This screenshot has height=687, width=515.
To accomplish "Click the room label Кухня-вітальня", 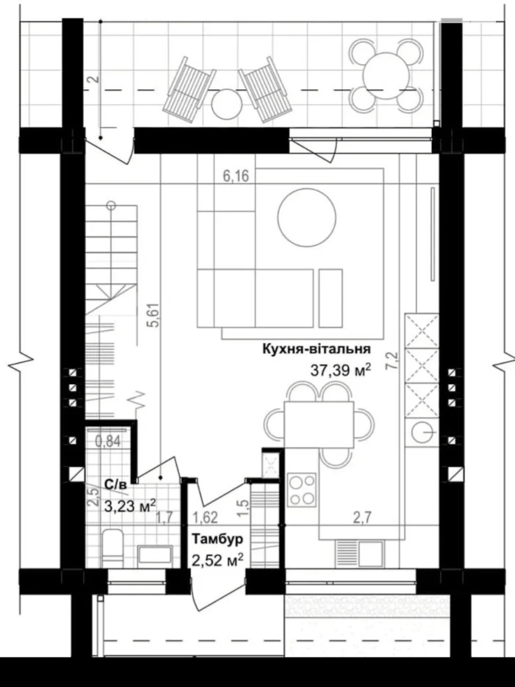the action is (316, 349).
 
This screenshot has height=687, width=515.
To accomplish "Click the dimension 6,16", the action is (236, 176).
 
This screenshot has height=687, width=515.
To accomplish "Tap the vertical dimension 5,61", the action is (155, 315).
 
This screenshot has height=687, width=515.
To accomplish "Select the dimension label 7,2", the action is (393, 360).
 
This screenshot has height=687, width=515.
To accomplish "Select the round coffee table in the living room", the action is (307, 218).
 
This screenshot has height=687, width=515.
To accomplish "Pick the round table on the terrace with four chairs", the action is (386, 76).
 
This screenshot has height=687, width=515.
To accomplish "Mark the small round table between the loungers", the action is (227, 104).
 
